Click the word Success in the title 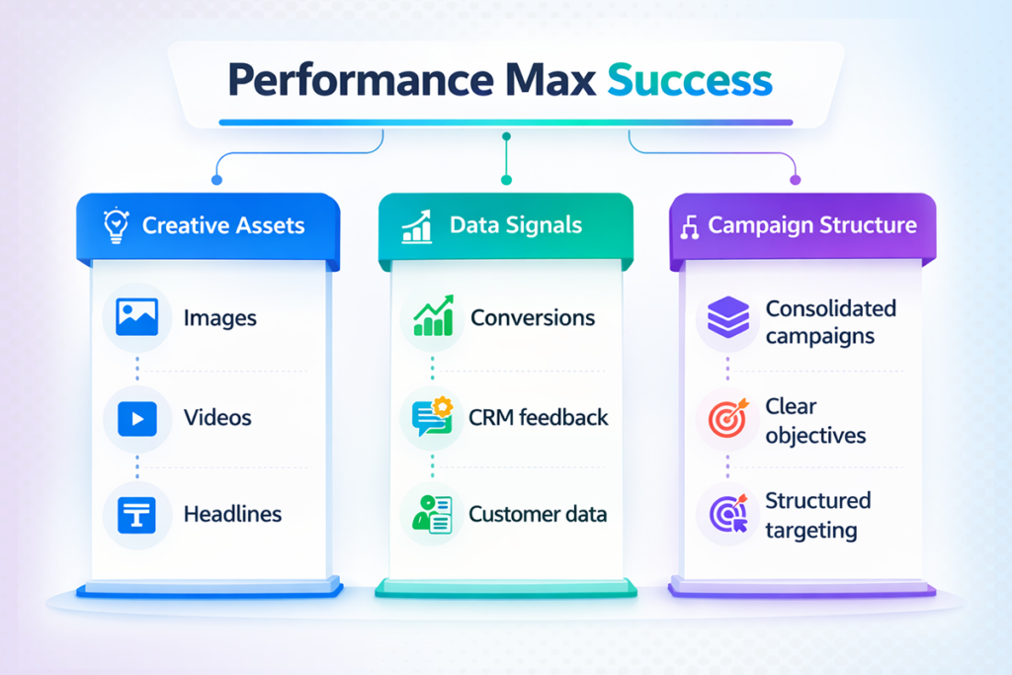[x=689, y=80]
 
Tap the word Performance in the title [x=355, y=80]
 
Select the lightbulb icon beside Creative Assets [x=117, y=226]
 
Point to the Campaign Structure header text [x=812, y=225]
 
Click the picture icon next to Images [x=136, y=318]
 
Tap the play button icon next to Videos [x=136, y=418]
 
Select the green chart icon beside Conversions [x=432, y=318]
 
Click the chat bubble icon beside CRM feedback [x=432, y=417]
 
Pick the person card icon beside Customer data [x=432, y=515]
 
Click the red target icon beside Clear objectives [x=728, y=419]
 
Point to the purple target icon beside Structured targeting [x=728, y=515]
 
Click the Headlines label [x=232, y=514]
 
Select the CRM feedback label [x=539, y=417]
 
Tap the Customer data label [x=538, y=514]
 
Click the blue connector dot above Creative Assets [x=216, y=180]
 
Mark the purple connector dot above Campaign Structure [x=795, y=180]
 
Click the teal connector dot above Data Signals [x=506, y=180]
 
